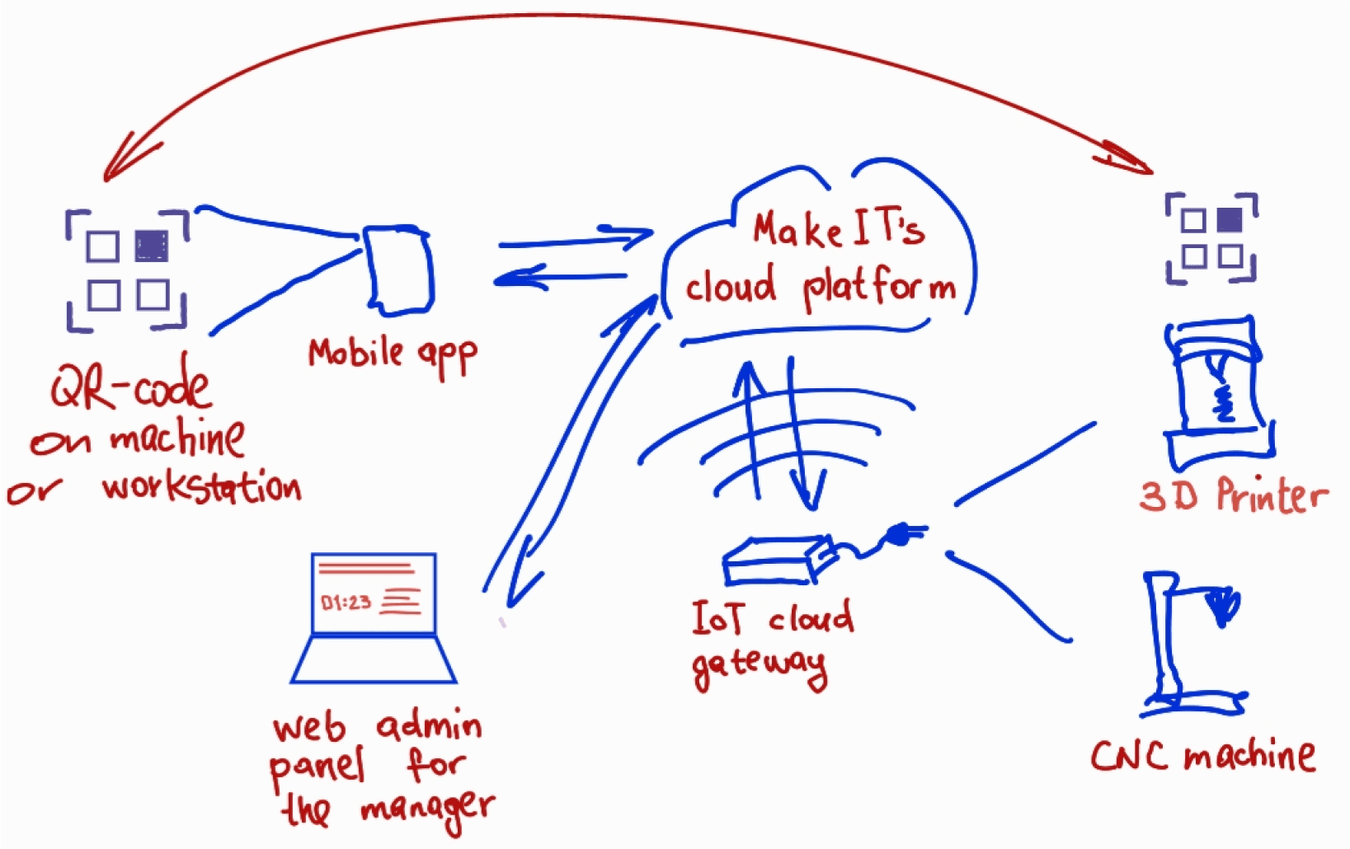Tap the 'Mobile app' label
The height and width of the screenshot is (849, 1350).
393,354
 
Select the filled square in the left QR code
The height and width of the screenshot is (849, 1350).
152,246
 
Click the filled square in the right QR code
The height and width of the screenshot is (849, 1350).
1229,220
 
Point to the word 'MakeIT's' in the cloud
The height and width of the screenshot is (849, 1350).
837,228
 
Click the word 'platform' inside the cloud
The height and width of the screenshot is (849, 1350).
879,288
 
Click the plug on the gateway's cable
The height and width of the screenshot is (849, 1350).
899,537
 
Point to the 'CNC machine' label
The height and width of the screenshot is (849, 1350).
1202,756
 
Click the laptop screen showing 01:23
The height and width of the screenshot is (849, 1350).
374,594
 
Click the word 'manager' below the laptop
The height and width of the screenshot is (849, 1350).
427,809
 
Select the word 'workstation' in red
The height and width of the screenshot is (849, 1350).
201,487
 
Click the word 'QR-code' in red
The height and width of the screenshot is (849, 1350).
130,386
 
